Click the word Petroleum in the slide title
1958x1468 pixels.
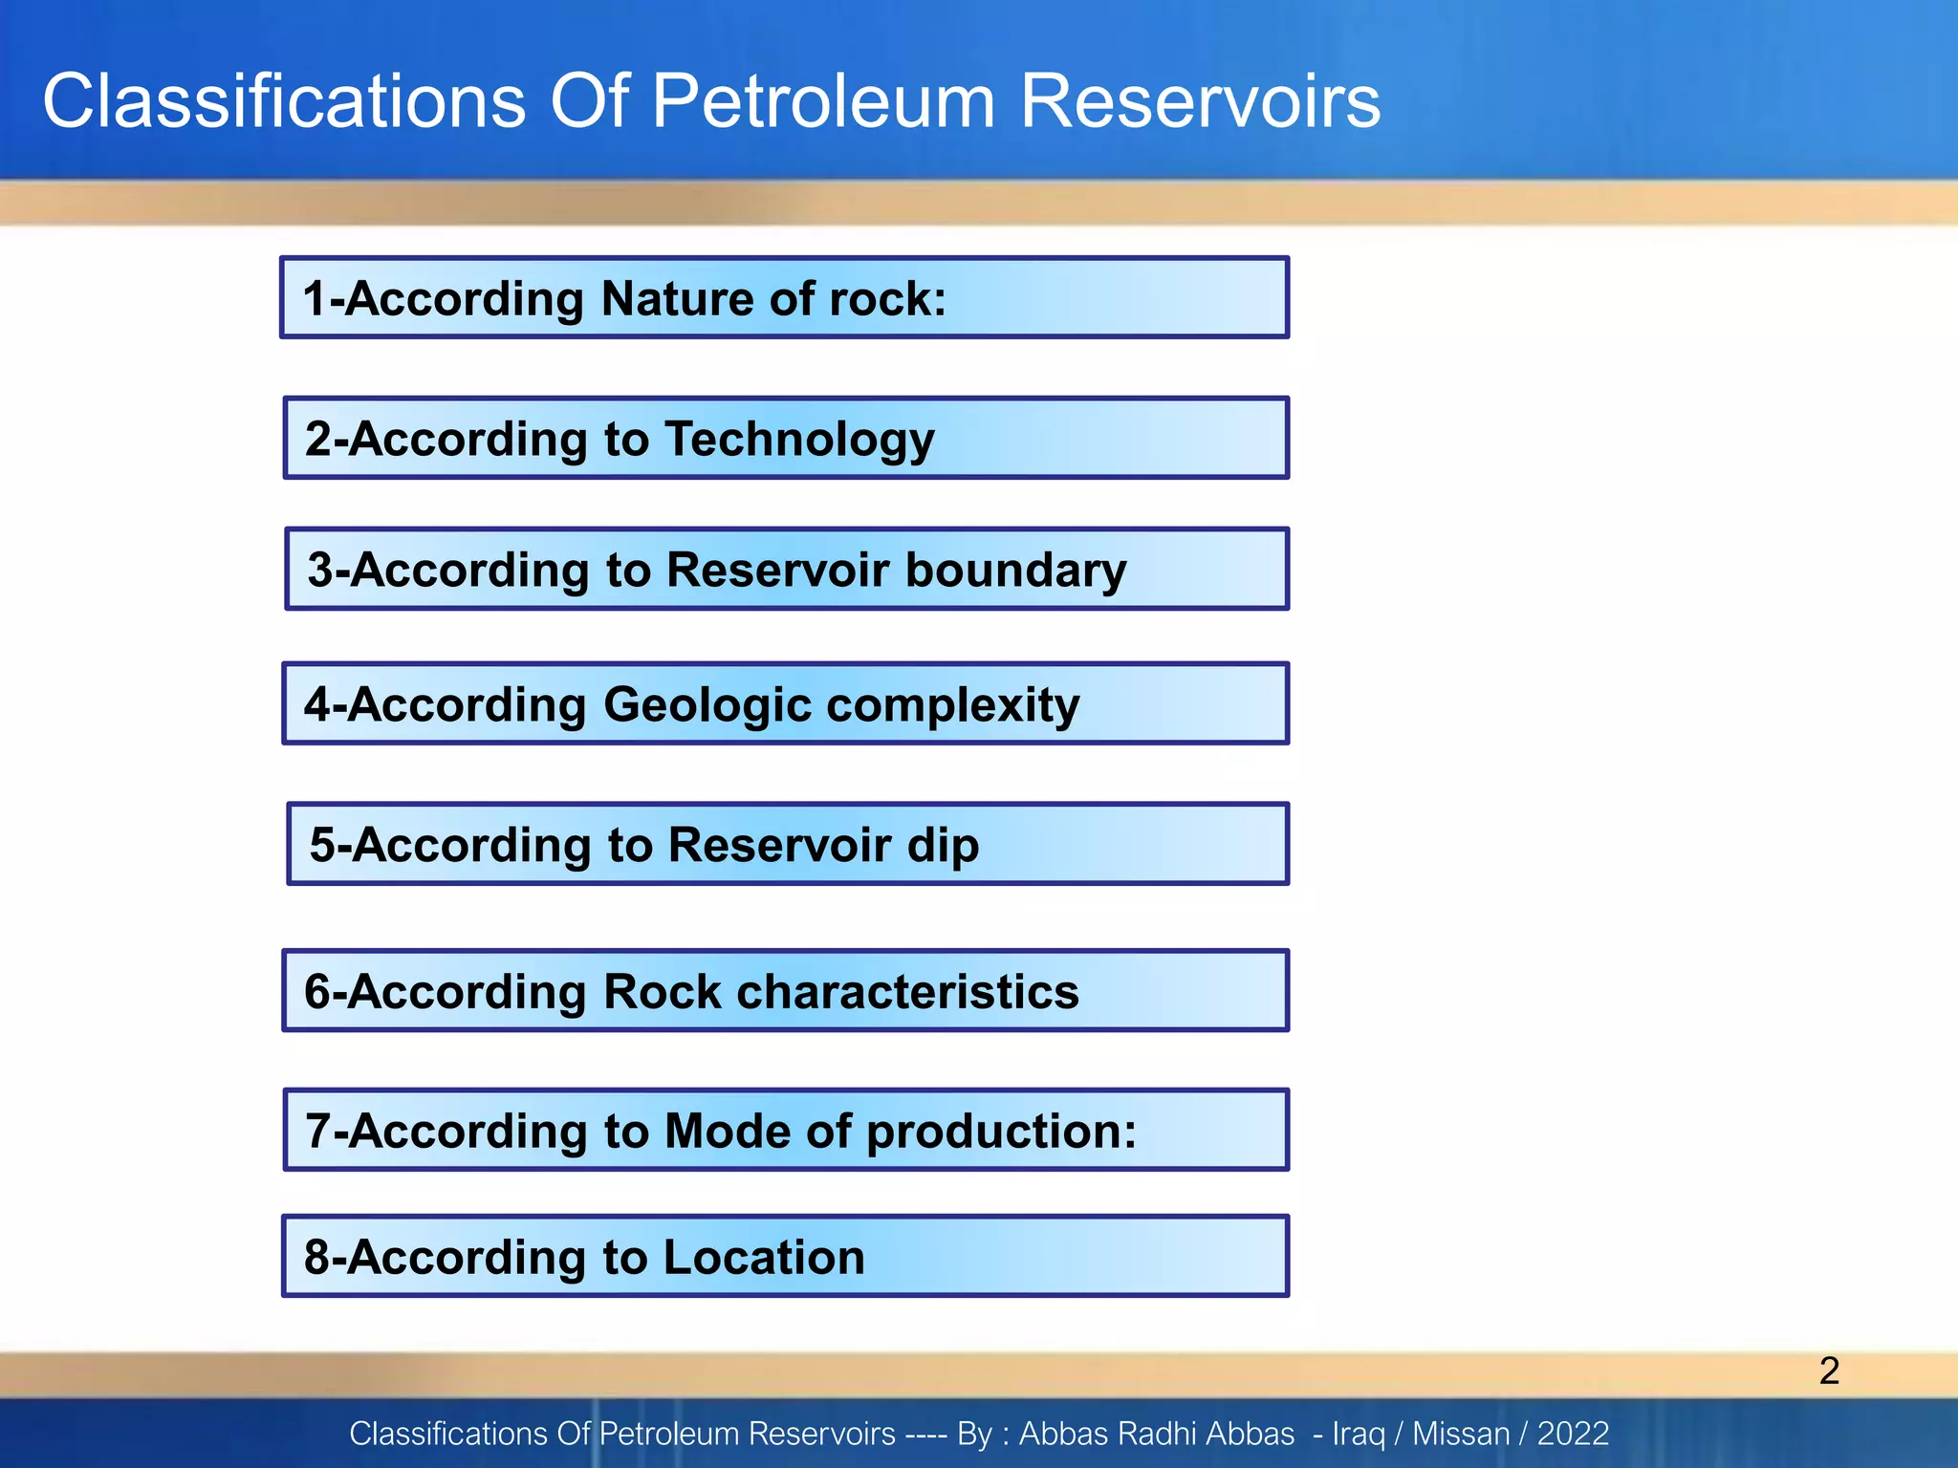tap(823, 101)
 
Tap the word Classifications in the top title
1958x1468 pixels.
tap(284, 101)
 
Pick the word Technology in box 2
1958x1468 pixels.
tap(799, 440)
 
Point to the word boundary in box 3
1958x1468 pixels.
tap(1015, 571)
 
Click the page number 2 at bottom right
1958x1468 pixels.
tap(1829, 1371)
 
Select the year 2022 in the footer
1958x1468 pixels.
tap(1573, 1434)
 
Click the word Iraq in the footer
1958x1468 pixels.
tap(1359, 1435)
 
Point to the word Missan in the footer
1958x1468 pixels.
tap(1460, 1434)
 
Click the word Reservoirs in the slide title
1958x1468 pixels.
tap(1200, 101)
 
